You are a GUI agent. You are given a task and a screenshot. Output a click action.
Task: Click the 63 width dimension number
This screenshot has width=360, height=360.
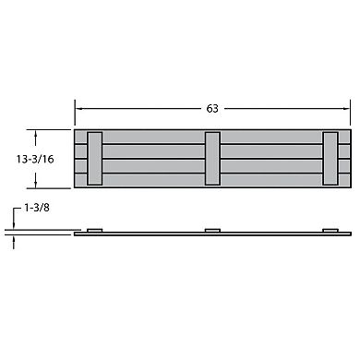point(212,109)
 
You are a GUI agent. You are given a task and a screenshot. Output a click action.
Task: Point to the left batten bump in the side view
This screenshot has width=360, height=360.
point(93,229)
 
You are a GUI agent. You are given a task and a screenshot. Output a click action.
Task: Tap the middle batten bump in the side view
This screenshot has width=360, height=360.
point(212,229)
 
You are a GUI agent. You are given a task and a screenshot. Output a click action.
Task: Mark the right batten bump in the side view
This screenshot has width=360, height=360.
point(330,229)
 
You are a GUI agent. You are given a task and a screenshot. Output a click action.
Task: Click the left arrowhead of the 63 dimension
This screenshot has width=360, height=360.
point(78,109)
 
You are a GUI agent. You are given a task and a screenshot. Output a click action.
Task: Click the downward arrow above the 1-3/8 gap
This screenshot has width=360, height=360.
point(15,226)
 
